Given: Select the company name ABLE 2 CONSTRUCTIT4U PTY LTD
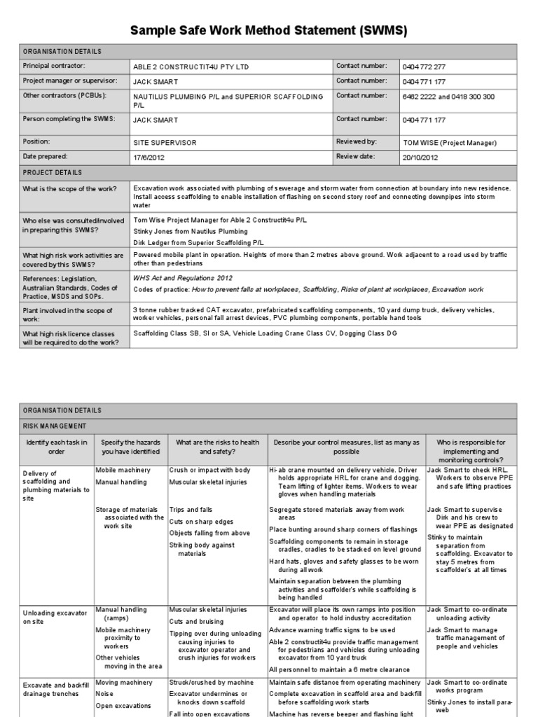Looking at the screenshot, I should click(x=191, y=67).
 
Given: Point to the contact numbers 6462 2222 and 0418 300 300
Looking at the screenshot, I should click(x=448, y=97).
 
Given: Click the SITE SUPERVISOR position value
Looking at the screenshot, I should click(x=164, y=143).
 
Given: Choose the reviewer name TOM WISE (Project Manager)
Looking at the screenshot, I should click(x=450, y=143).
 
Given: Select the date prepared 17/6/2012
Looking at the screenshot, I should click(x=149, y=158).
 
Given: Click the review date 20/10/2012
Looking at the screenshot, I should click(x=420, y=158).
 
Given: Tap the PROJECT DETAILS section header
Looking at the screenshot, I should click(x=53, y=172).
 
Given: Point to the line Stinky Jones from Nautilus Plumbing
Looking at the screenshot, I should click(x=191, y=230).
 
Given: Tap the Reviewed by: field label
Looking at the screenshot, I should click(x=357, y=142).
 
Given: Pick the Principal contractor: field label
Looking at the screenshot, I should click(x=54, y=67).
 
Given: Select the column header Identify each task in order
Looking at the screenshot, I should click(x=57, y=447).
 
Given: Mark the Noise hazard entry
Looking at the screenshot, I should click(x=104, y=693).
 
